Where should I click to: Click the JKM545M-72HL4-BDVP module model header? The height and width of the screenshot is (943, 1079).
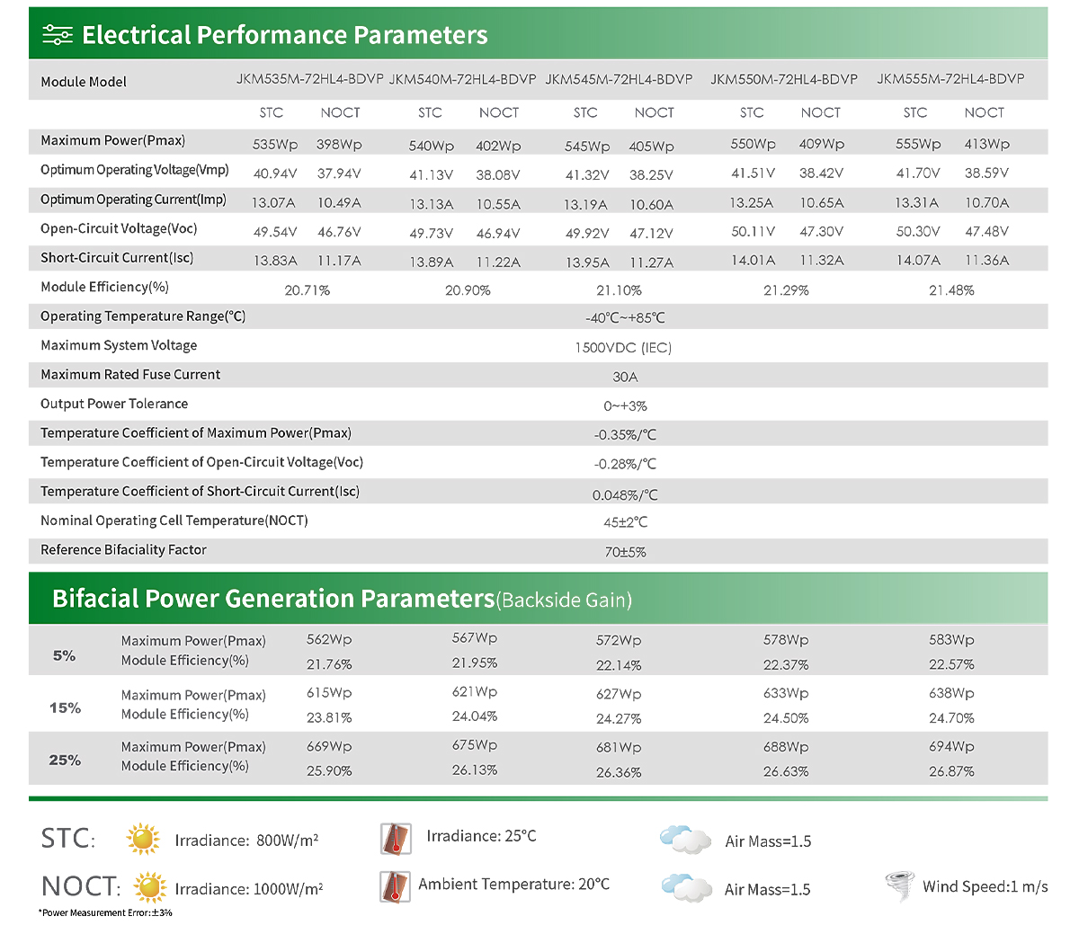click(x=619, y=79)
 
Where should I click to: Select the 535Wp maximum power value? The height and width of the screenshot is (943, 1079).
click(x=275, y=145)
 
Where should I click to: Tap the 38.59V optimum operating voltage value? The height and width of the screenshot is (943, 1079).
click(x=986, y=173)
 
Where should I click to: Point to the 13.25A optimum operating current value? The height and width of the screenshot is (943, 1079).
click(x=751, y=203)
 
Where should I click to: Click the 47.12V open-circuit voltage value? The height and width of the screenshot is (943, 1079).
click(x=651, y=233)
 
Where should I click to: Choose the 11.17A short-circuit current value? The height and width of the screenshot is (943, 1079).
click(x=339, y=261)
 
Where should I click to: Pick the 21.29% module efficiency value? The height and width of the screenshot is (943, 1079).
click(x=786, y=290)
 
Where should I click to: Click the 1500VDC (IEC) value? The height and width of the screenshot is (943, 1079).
click(x=623, y=348)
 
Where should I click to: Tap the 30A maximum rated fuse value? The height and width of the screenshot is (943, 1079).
click(x=625, y=377)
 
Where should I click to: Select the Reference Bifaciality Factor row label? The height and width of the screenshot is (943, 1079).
click(x=123, y=550)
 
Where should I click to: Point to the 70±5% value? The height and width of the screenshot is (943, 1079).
click(x=625, y=552)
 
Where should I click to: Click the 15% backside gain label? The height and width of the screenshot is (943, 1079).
click(x=65, y=707)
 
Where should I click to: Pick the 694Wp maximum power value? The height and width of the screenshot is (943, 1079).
click(x=951, y=746)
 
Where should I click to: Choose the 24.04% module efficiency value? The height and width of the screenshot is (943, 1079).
click(x=474, y=716)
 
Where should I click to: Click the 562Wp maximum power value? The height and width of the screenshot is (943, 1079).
click(x=329, y=639)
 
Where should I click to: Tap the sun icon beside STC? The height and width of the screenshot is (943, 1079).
click(x=143, y=839)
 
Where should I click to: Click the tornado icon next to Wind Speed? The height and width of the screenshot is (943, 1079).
click(x=900, y=886)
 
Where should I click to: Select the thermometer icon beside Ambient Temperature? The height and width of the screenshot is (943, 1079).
click(x=395, y=887)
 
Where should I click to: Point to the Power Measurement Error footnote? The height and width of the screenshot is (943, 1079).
click(x=105, y=913)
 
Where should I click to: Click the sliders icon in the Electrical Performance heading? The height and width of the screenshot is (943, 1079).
click(x=58, y=35)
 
